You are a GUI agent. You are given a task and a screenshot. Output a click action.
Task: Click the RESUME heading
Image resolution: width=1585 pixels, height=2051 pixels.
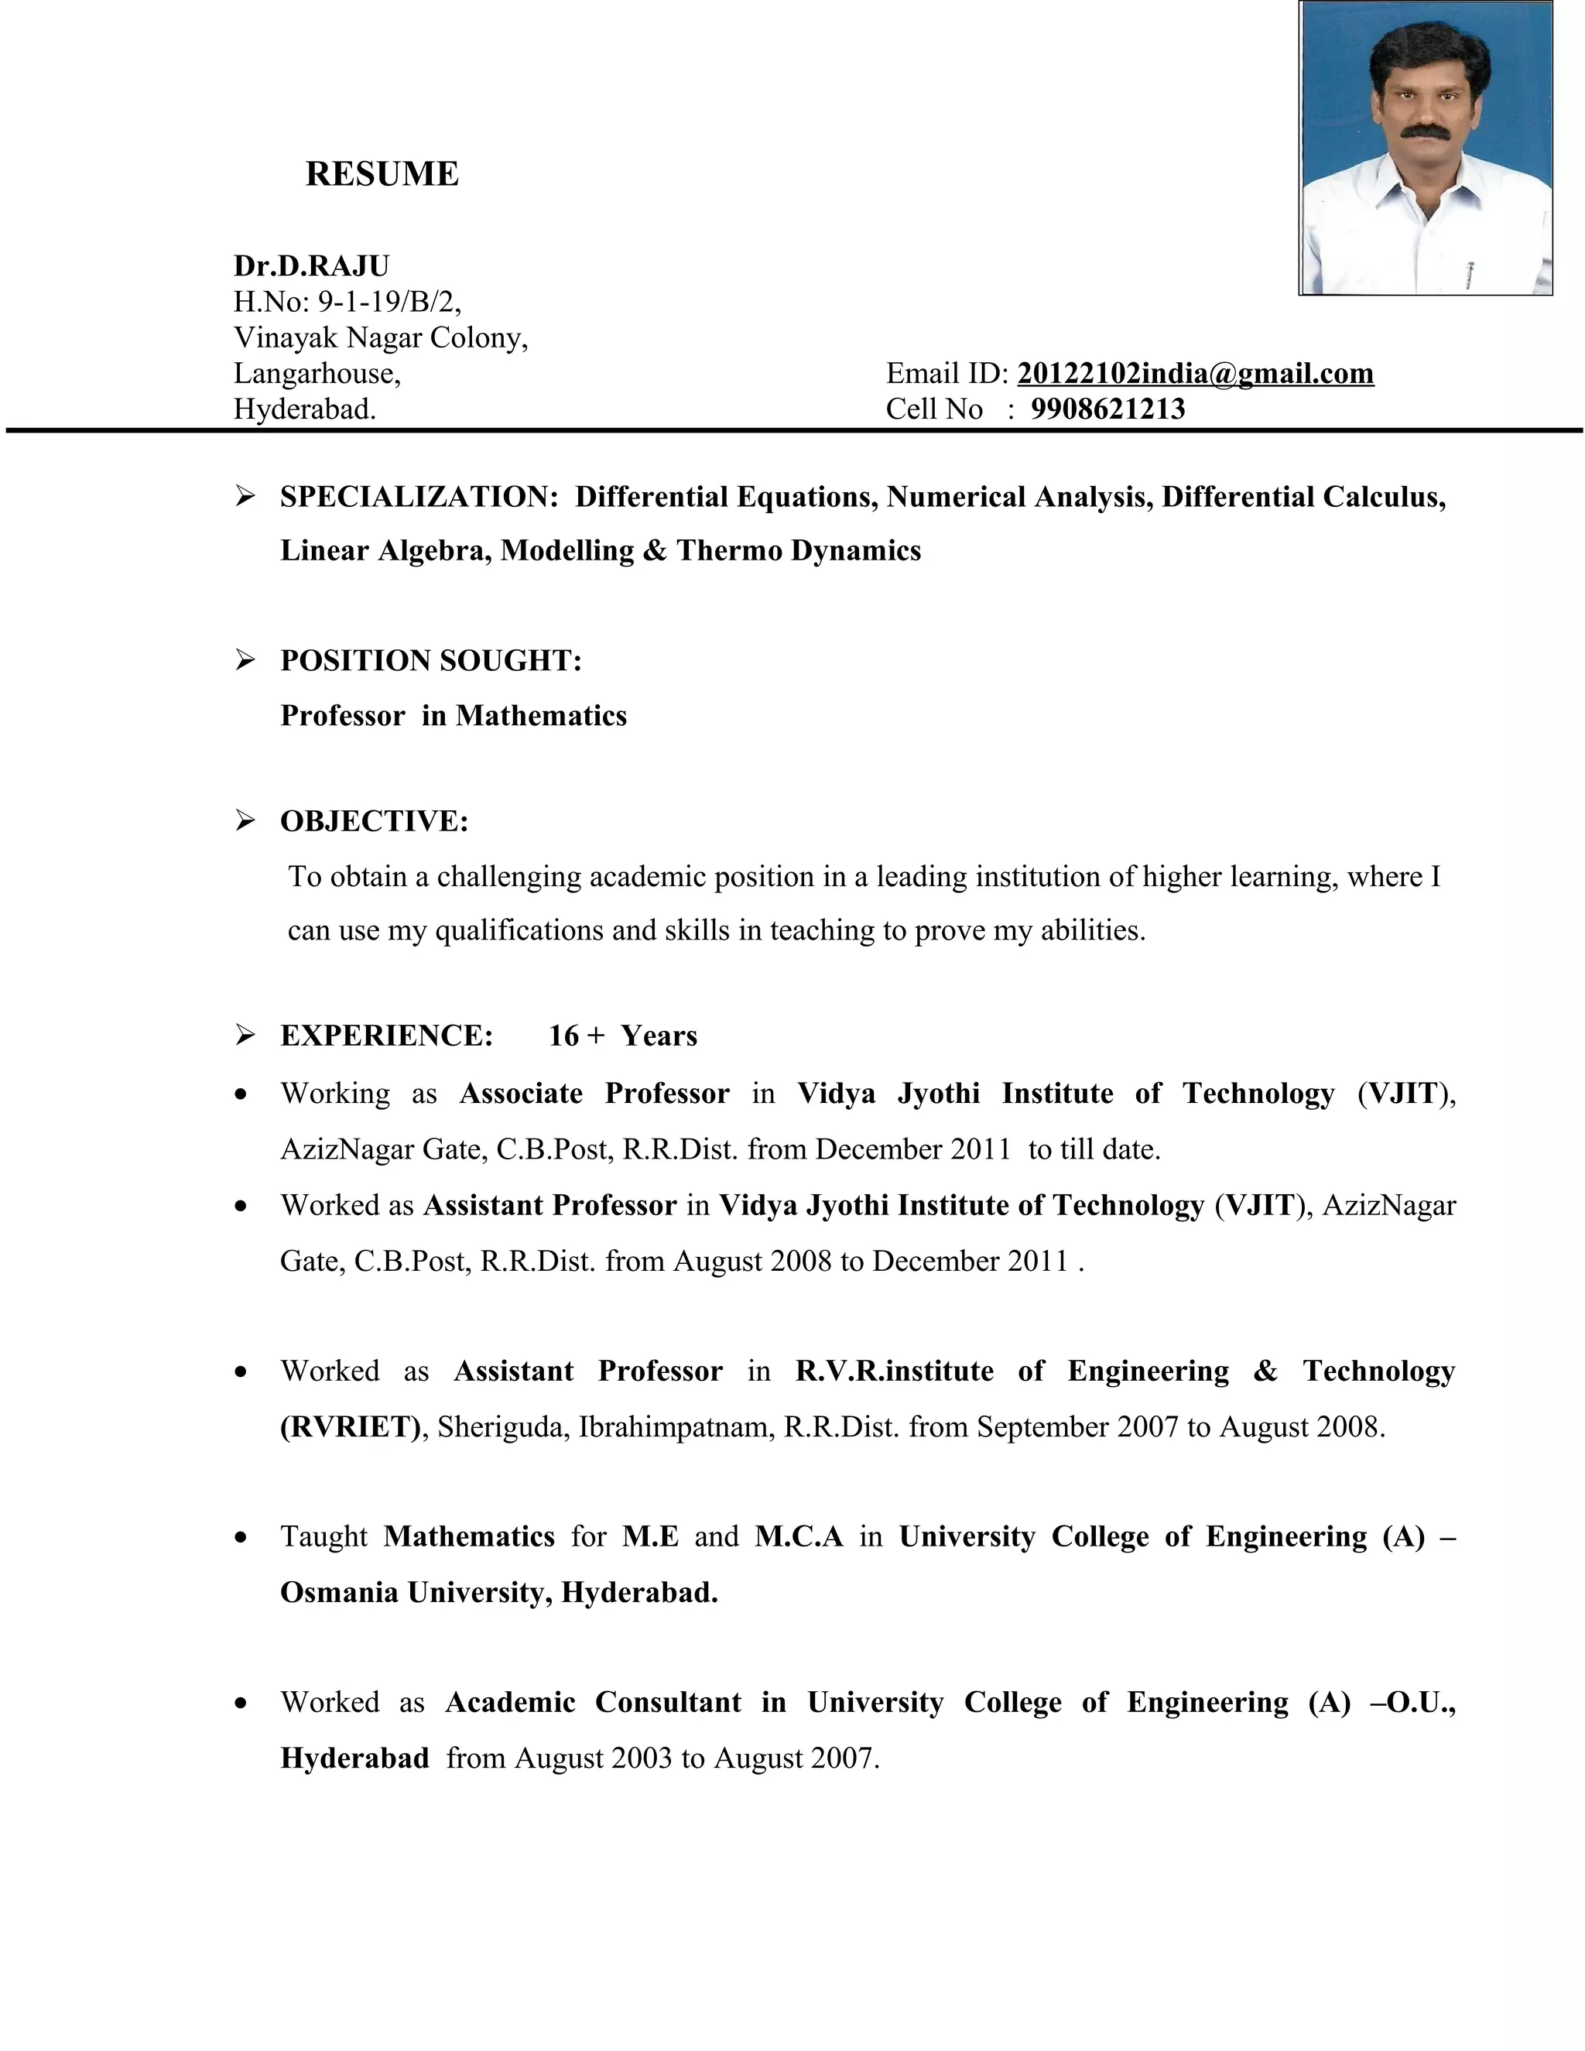(x=382, y=173)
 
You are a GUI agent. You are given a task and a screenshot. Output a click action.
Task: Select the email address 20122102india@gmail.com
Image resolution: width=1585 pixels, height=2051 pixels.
(x=1194, y=373)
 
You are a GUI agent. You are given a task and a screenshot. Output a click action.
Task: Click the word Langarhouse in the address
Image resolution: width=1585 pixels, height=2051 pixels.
(x=317, y=373)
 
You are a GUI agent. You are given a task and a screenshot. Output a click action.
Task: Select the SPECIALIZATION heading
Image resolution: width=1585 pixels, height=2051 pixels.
(x=419, y=496)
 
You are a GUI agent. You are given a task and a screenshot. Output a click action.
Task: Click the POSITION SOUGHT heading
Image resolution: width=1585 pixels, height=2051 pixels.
(x=431, y=660)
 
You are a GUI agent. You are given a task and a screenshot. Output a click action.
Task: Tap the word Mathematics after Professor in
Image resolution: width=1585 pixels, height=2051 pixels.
(x=541, y=716)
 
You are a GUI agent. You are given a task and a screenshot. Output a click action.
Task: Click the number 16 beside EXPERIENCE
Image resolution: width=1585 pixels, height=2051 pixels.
(x=563, y=1035)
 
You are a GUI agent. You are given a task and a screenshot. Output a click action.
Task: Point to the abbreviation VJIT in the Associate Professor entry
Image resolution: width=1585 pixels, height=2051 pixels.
(x=1403, y=1093)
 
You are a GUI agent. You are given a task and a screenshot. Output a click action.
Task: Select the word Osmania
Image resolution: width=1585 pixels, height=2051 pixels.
(x=339, y=1592)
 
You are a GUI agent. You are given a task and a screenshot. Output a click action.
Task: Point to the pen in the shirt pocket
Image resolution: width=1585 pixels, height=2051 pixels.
(x=1470, y=272)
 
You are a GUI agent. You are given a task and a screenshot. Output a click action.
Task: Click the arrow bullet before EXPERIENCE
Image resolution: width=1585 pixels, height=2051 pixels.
(x=245, y=1035)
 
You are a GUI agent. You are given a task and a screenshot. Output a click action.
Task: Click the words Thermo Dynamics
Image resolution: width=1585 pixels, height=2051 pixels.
(x=798, y=550)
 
